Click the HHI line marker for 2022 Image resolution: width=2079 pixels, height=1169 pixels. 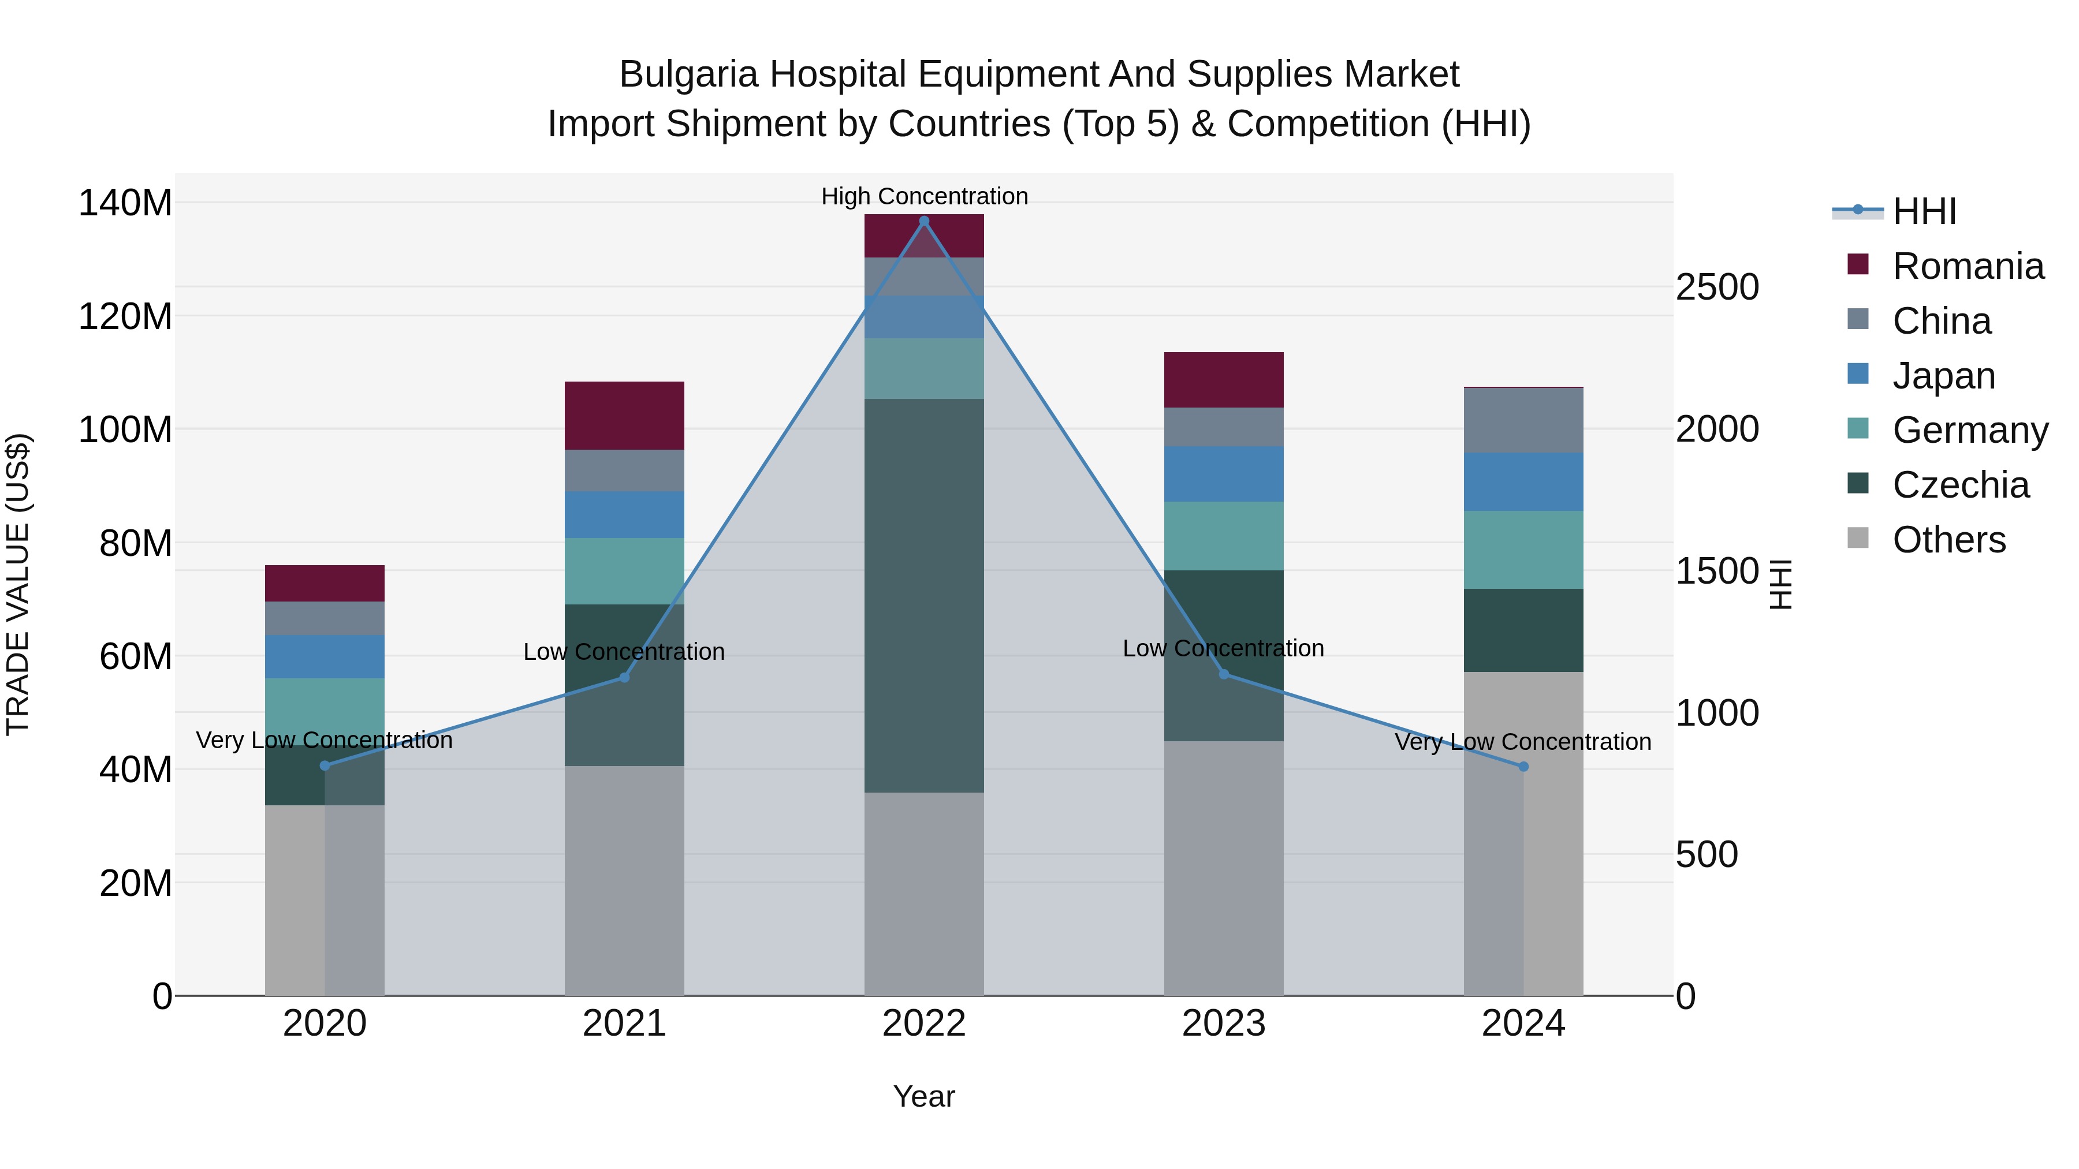[x=924, y=221]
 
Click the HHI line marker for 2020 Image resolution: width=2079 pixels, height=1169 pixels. [x=325, y=765]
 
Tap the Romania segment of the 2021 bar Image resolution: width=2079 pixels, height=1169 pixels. [x=624, y=416]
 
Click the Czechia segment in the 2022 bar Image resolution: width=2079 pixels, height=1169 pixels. [x=924, y=595]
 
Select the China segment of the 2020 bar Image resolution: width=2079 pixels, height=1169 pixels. [x=325, y=618]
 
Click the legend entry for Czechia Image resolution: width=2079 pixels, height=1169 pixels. [x=1959, y=485]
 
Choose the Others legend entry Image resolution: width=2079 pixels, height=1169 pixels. [x=1948, y=540]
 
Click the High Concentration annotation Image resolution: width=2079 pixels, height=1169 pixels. [x=924, y=196]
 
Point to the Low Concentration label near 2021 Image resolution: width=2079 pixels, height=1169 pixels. [x=624, y=652]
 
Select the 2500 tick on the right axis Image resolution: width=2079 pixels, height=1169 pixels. [x=1717, y=287]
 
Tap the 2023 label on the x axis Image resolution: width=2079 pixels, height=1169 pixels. [x=1224, y=1024]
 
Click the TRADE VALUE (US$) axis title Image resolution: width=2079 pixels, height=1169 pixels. [x=18, y=584]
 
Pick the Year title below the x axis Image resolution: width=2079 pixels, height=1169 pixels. [x=924, y=1096]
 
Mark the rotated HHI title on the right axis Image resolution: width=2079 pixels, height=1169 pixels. [x=1780, y=584]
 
